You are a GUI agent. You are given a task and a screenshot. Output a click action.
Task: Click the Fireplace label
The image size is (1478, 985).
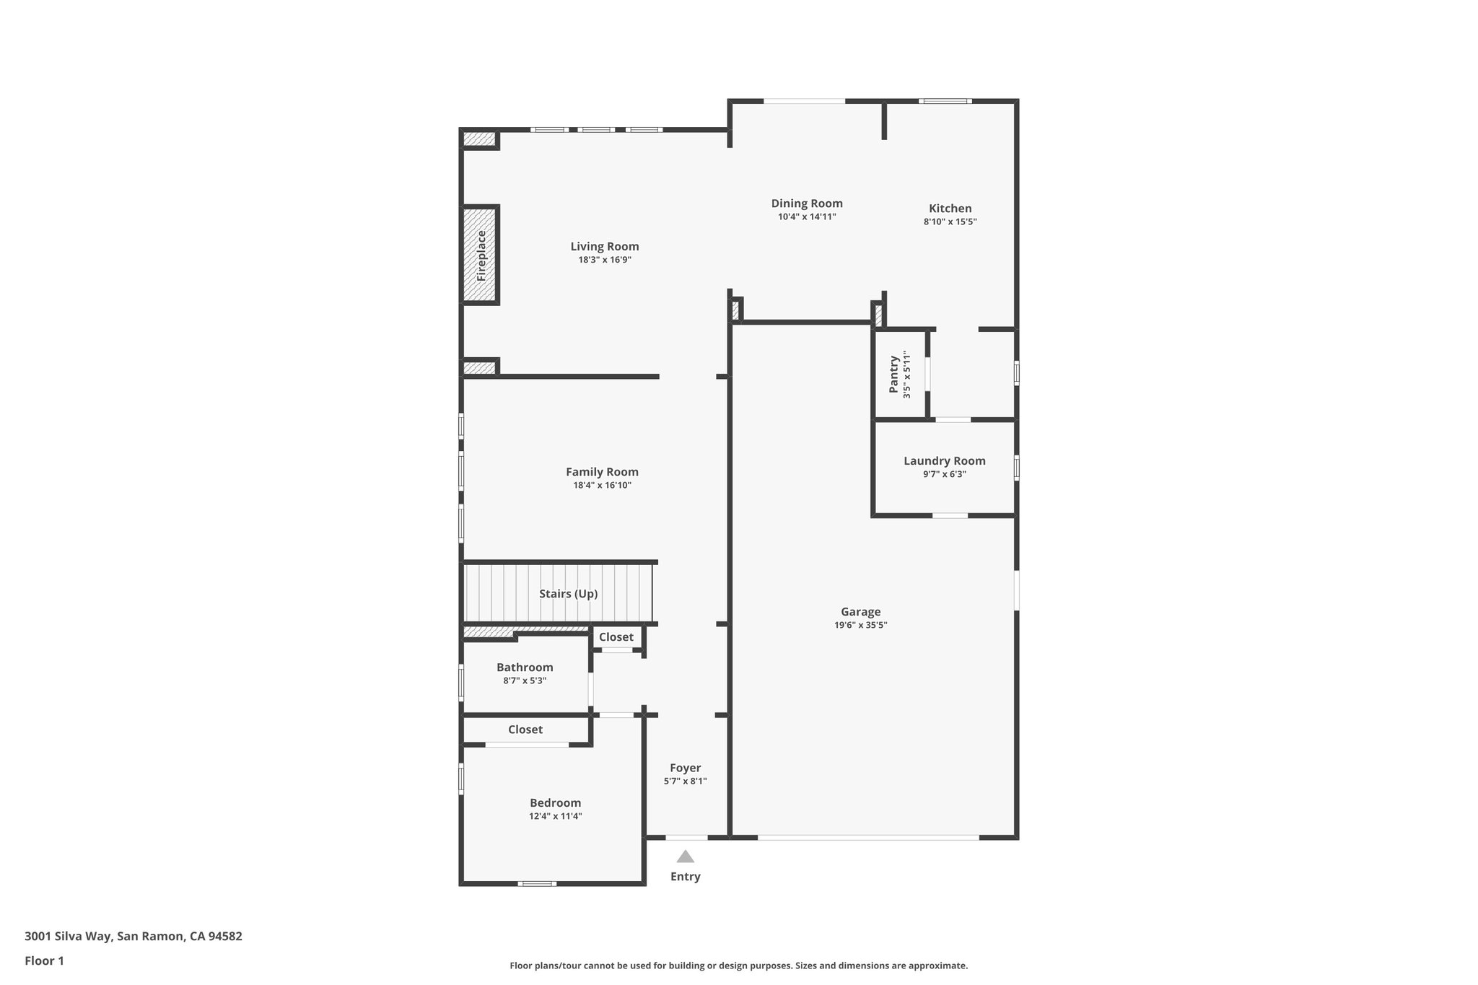pyautogui.click(x=482, y=255)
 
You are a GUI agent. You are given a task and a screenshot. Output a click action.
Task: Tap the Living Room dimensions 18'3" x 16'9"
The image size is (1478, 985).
pyautogui.click(x=604, y=260)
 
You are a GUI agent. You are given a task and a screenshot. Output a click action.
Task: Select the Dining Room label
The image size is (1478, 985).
pyautogui.click(x=807, y=203)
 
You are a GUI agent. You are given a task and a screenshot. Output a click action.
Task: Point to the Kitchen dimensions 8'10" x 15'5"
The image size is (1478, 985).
pyautogui.click(x=950, y=222)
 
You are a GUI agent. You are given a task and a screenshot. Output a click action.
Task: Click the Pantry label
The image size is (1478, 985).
pyautogui.click(x=894, y=374)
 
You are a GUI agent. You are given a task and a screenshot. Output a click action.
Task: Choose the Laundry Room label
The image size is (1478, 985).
pyautogui.click(x=944, y=461)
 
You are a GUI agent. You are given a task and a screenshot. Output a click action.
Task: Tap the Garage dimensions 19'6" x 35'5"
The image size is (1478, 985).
pyautogui.click(x=860, y=626)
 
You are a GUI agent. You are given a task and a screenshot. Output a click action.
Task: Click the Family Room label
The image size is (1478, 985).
pyautogui.click(x=602, y=472)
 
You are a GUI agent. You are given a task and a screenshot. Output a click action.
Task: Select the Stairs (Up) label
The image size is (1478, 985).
pyautogui.click(x=568, y=594)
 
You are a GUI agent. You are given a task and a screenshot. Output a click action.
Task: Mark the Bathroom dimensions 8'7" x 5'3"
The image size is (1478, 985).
pyautogui.click(x=525, y=680)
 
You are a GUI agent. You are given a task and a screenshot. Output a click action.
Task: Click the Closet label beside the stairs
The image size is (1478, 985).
pyautogui.click(x=616, y=637)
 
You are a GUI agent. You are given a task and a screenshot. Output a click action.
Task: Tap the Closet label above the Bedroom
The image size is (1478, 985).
pyautogui.click(x=525, y=730)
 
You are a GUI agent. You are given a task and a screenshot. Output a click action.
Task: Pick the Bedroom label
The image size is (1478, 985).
pyautogui.click(x=555, y=803)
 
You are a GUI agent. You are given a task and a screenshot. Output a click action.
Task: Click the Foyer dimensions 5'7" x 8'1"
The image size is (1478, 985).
pyautogui.click(x=685, y=782)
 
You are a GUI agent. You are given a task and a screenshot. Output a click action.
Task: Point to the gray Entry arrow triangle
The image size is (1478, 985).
pyautogui.click(x=685, y=857)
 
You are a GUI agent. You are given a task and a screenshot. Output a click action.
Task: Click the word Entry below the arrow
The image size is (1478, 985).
pyautogui.click(x=685, y=877)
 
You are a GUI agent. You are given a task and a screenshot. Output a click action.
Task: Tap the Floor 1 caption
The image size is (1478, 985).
pyautogui.click(x=44, y=961)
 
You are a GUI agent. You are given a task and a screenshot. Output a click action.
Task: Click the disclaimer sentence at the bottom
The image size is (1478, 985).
pyautogui.click(x=738, y=966)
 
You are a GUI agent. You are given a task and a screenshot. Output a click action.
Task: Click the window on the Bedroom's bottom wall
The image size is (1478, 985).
pyautogui.click(x=537, y=883)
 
